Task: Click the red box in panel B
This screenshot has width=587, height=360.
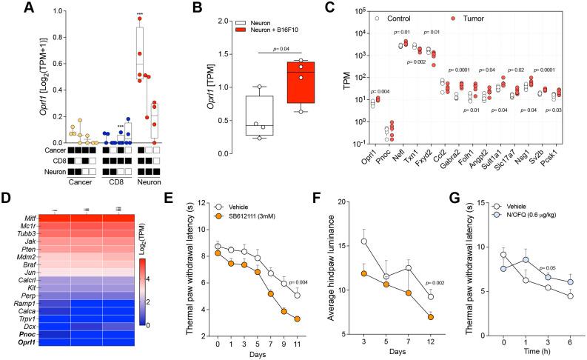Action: click(x=299, y=83)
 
